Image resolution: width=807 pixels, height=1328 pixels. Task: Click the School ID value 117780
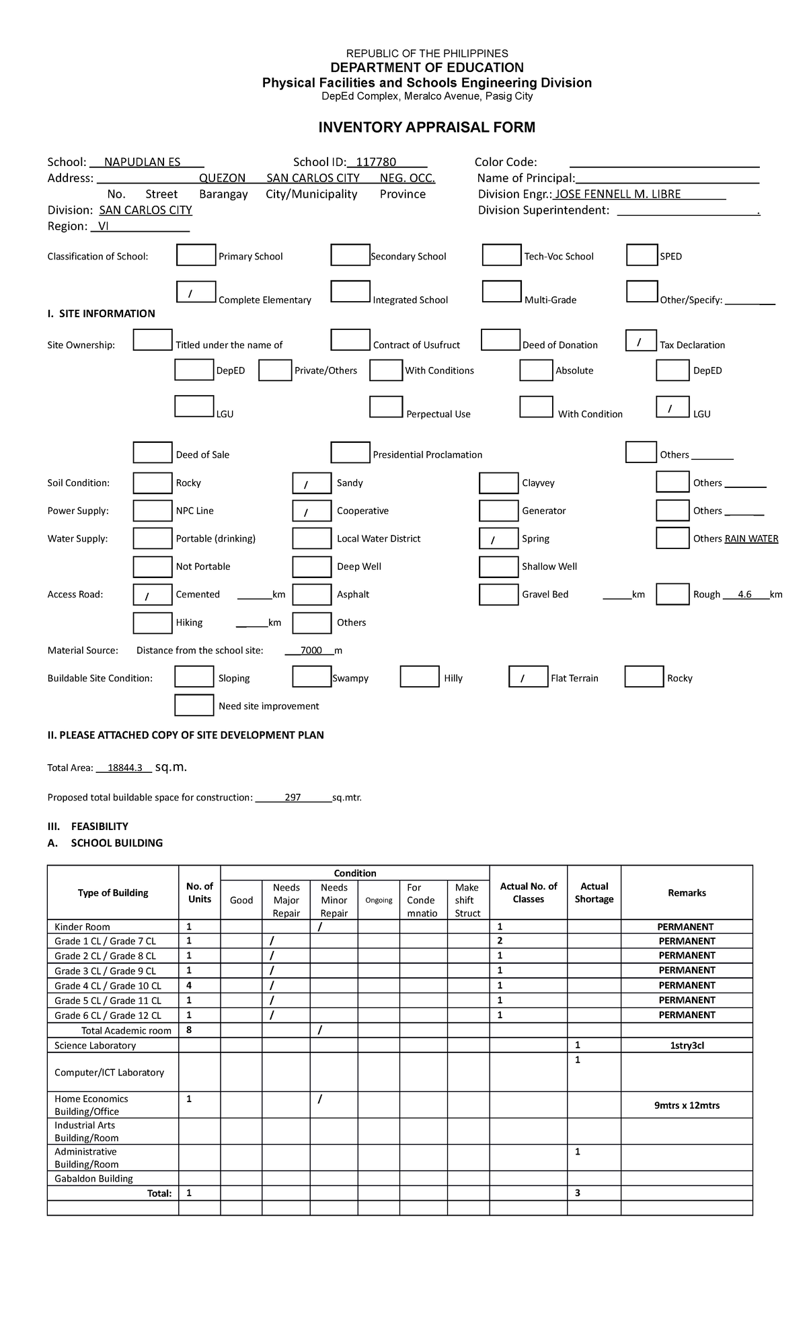coord(376,162)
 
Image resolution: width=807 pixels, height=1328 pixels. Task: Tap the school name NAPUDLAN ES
coord(142,162)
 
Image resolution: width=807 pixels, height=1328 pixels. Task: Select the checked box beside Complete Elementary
coord(196,292)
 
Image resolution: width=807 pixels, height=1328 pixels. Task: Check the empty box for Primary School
coord(196,255)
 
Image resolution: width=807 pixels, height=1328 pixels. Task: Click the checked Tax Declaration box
coord(641,341)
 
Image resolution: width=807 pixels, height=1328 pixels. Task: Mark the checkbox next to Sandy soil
coord(311,483)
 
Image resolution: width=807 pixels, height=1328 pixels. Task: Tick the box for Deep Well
coord(311,567)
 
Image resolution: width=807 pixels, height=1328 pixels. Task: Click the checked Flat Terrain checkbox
coord(528,677)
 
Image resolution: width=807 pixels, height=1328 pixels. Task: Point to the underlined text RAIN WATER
coord(751,539)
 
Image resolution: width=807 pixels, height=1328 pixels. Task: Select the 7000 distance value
coord(311,651)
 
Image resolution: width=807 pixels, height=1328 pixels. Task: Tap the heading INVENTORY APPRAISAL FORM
coord(426,127)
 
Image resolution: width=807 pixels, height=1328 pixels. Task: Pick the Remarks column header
coord(687,893)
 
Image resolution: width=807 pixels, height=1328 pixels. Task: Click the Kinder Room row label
coord(82,927)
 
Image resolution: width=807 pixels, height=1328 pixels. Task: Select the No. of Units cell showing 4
coord(190,985)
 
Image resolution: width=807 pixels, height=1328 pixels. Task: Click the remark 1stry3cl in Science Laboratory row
coord(687,1046)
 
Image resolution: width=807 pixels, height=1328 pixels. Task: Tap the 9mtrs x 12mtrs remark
coord(687,1106)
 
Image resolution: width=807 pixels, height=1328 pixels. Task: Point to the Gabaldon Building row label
coord(93,1179)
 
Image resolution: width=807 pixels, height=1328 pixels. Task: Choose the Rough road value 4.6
coord(744,595)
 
